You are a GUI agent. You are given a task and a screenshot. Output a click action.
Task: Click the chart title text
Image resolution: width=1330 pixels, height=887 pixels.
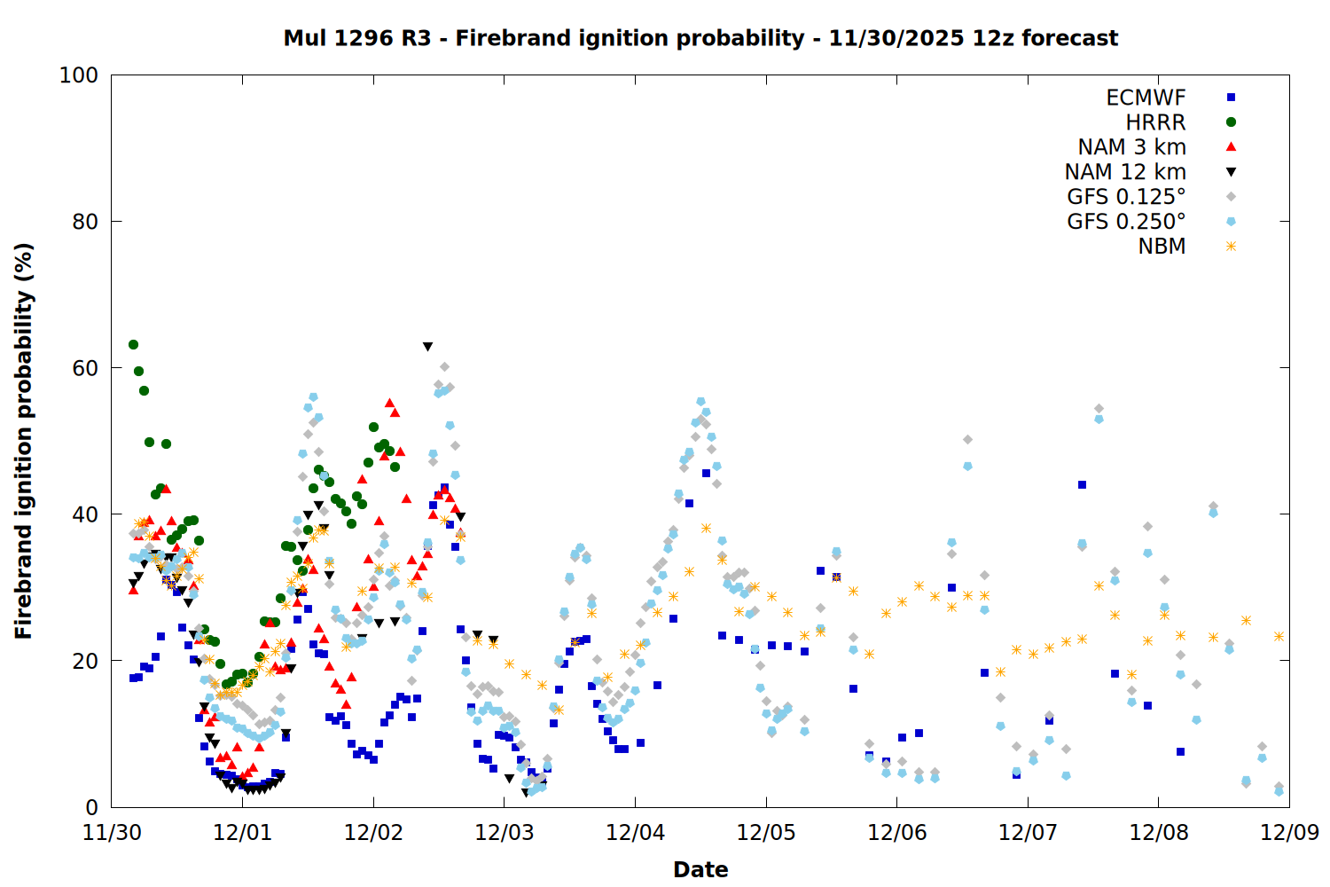click(x=700, y=38)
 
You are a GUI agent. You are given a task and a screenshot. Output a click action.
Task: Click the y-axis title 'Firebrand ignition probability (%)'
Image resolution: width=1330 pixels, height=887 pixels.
click(x=24, y=441)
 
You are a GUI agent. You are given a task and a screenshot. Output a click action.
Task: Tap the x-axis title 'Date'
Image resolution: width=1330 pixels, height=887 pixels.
click(x=700, y=869)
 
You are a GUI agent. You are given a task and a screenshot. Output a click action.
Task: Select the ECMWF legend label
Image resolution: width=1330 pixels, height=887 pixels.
click(x=1146, y=98)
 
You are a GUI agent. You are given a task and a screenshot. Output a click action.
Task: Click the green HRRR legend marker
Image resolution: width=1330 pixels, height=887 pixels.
click(x=1231, y=122)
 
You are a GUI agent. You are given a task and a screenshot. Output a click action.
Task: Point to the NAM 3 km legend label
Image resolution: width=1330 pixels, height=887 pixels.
click(x=1131, y=147)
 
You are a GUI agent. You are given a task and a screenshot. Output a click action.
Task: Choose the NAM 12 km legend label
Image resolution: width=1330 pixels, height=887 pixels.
click(x=1125, y=172)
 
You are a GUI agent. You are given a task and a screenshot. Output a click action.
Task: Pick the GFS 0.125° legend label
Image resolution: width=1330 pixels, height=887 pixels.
click(x=1126, y=197)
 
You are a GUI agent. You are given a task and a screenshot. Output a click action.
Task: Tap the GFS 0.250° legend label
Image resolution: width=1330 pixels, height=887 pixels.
click(x=1126, y=222)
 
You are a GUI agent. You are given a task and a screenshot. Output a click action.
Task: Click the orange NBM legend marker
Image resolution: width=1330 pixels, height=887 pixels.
click(x=1231, y=247)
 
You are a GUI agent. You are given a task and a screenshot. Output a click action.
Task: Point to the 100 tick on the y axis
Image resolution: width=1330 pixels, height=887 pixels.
click(x=79, y=75)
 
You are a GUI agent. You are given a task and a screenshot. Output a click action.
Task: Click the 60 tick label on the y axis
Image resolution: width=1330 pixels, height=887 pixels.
click(x=85, y=368)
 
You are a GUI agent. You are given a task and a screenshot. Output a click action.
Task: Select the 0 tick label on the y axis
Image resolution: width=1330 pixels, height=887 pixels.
click(x=91, y=807)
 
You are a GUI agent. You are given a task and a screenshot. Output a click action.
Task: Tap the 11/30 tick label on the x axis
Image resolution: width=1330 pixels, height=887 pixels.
click(x=112, y=833)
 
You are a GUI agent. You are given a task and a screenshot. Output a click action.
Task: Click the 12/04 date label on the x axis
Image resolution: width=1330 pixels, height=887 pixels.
click(x=635, y=833)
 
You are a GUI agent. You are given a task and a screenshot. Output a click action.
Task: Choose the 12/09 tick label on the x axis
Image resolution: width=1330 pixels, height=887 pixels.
click(x=1289, y=833)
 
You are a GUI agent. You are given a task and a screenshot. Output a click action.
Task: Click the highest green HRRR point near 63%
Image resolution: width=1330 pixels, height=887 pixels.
click(x=133, y=344)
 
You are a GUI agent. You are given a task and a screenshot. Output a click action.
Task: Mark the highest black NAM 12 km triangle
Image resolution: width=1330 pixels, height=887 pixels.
click(x=427, y=347)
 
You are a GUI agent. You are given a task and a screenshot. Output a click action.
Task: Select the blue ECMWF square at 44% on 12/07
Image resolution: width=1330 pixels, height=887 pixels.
click(x=1082, y=484)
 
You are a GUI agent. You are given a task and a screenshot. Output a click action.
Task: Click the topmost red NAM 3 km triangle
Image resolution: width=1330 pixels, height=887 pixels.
click(x=389, y=403)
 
